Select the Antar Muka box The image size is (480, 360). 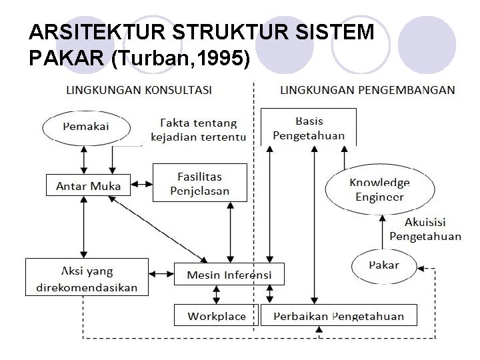(x=88, y=185)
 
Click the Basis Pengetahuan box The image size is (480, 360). (x=309, y=127)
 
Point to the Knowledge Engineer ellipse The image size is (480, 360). (x=379, y=189)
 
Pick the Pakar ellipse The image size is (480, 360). (x=384, y=265)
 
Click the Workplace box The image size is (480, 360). (x=216, y=315)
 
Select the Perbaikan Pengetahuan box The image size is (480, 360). (x=339, y=315)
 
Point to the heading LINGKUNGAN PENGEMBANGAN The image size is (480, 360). (x=367, y=89)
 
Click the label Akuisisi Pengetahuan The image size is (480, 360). (x=425, y=229)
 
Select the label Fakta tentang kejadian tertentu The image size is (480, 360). (x=198, y=130)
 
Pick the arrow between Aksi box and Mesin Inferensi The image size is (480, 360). (x=161, y=273)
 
